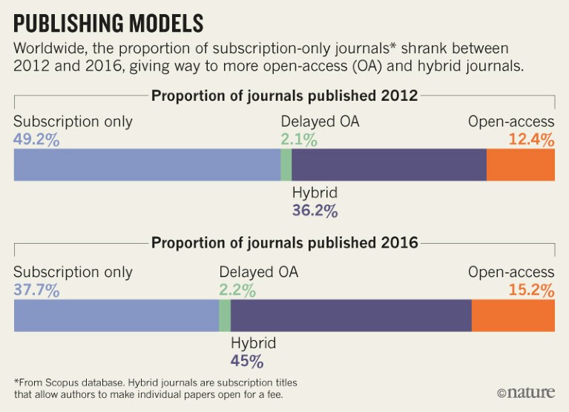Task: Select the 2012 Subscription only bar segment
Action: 147,165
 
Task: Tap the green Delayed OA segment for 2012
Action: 286,165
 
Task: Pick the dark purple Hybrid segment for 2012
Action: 389,165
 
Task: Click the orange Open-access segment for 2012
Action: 520,165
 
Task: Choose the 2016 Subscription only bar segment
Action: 116,315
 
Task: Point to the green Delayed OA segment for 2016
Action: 224,315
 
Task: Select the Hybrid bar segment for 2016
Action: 351,315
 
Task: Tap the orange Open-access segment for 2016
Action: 513,315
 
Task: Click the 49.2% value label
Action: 37,139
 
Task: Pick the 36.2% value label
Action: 315,211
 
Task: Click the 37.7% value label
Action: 37,290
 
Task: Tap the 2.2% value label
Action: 238,290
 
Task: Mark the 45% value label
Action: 247,362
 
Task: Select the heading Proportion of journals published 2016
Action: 284,242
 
